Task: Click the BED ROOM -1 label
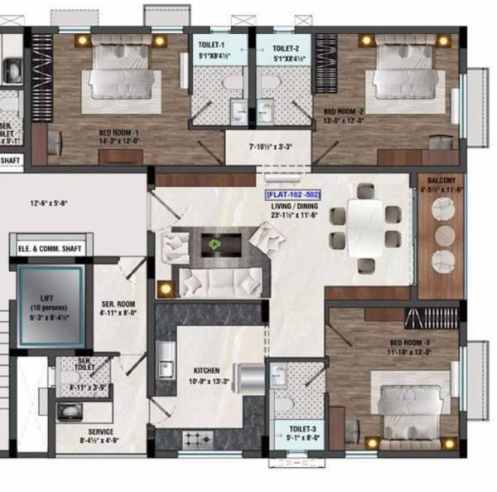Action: coord(118,133)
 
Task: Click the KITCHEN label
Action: coord(205,371)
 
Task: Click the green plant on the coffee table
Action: coord(215,244)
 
